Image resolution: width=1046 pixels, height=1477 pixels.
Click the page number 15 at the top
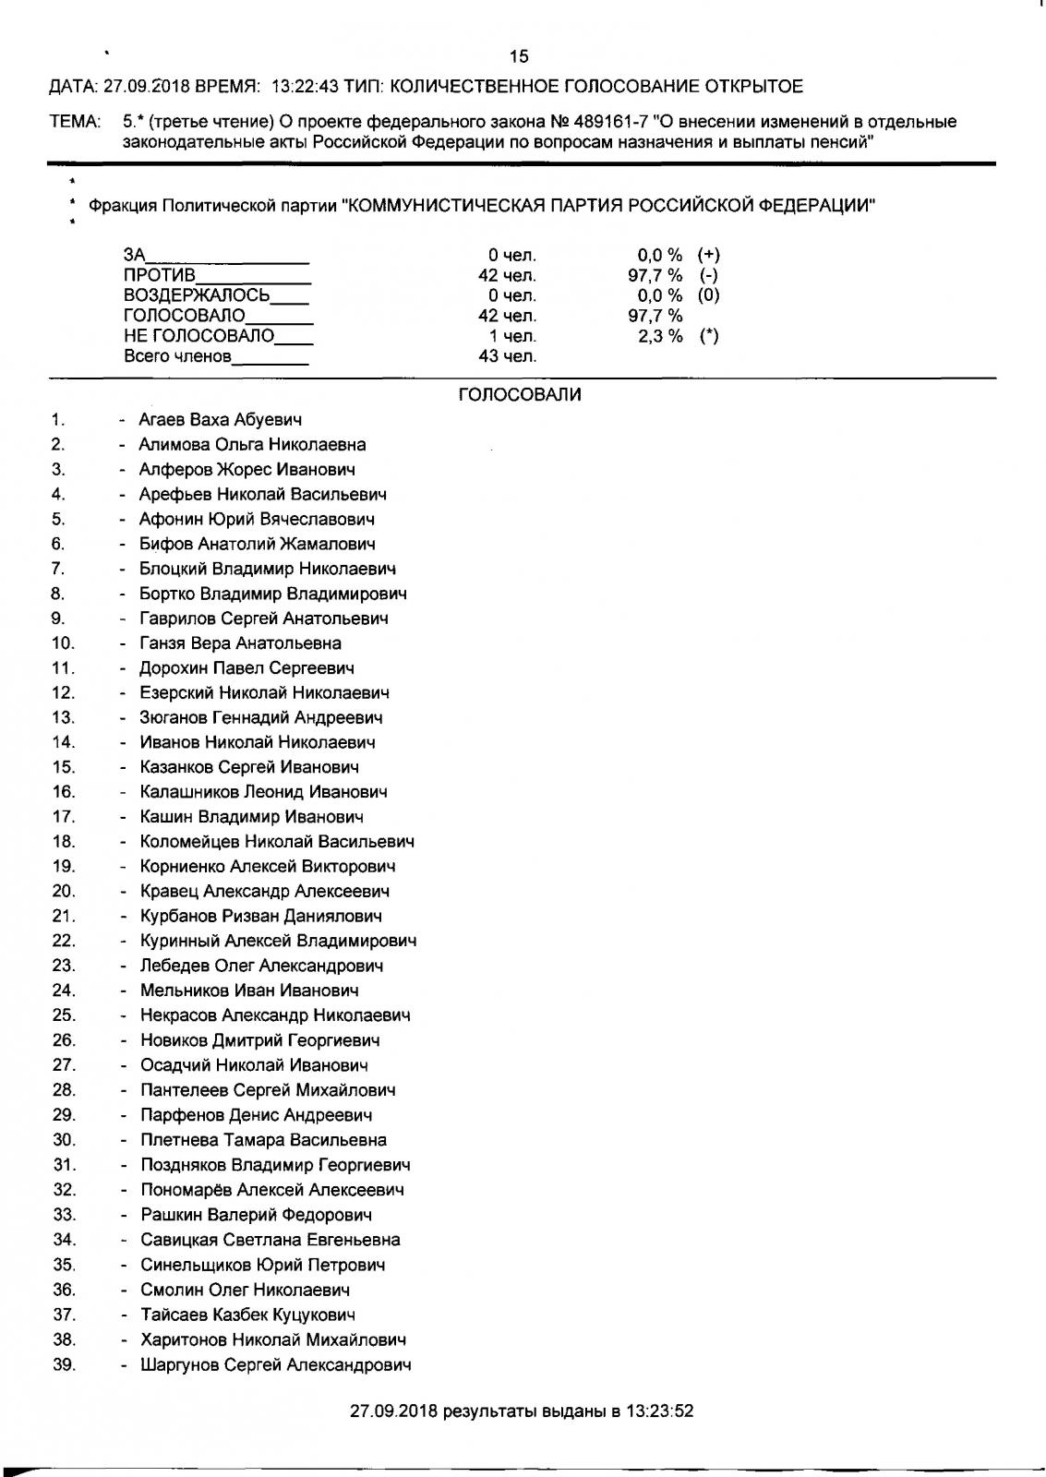(519, 56)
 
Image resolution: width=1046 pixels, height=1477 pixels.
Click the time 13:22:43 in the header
(306, 87)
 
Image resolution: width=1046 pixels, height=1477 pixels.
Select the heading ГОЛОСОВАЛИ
(520, 395)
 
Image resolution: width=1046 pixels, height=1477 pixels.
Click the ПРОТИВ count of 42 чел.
(507, 275)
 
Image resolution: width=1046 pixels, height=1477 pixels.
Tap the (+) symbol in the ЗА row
(708, 255)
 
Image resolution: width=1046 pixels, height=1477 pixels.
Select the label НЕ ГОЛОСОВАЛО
(199, 336)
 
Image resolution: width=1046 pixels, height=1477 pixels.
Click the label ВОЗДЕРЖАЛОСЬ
(197, 295)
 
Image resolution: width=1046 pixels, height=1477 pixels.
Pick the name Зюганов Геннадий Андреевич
(260, 717)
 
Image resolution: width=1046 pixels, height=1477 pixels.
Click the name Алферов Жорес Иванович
(247, 469)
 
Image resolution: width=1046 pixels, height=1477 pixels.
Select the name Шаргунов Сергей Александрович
(275, 1364)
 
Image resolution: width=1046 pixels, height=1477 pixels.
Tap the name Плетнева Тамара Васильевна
(263, 1140)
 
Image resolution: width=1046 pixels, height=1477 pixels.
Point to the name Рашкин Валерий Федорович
(256, 1215)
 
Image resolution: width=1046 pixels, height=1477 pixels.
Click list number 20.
(63, 891)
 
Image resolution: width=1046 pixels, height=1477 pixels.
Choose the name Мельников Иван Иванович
(249, 991)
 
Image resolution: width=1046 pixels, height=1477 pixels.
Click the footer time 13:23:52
(659, 1411)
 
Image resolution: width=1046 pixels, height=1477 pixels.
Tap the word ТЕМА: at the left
(74, 121)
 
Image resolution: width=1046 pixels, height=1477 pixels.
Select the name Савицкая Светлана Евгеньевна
(270, 1240)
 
